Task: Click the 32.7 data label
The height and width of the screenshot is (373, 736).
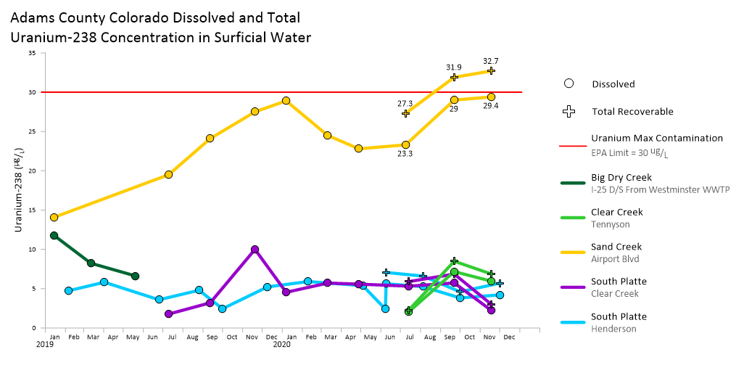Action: [x=490, y=61]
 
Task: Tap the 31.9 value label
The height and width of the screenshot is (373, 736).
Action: [x=454, y=67]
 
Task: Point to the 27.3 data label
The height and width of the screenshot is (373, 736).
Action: [x=405, y=103]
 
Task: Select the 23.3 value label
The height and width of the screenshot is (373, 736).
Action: [x=405, y=154]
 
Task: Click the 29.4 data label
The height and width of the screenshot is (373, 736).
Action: [x=491, y=106]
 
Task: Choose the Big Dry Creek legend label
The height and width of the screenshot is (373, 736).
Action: [x=621, y=177]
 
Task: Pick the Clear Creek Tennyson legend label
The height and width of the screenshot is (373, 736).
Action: [x=616, y=212]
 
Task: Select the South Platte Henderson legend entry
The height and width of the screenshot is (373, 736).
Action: [x=619, y=316]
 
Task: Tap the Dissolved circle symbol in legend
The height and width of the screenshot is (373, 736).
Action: [x=569, y=83]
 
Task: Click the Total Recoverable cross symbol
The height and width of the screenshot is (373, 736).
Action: [x=569, y=112]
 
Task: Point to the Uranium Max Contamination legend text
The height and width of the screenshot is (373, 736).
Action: [x=656, y=138]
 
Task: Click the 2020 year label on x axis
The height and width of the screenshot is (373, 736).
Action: [x=281, y=345]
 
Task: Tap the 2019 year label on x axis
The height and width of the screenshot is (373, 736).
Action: [x=46, y=345]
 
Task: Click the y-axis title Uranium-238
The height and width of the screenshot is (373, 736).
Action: [x=19, y=197]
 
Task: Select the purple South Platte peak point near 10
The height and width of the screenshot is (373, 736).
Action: [x=255, y=250]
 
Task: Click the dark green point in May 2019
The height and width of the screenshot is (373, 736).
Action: [x=135, y=276]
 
